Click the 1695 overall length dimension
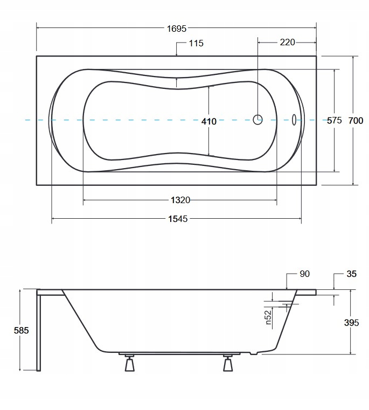(x=177, y=28)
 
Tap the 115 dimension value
(x=196, y=43)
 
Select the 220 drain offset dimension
(x=288, y=42)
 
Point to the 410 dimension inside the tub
(x=209, y=121)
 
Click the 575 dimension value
(x=334, y=120)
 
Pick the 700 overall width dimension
(x=356, y=121)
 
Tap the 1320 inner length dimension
(x=180, y=200)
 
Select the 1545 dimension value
(x=178, y=219)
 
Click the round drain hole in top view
(x=257, y=120)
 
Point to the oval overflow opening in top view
(x=294, y=120)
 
